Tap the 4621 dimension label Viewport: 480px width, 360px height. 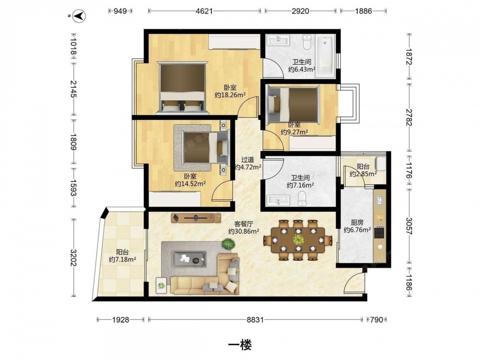pos(204,11)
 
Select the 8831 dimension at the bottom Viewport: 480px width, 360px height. pos(255,320)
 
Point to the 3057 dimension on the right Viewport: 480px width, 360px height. pos(409,226)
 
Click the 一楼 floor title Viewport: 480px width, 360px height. pos(240,345)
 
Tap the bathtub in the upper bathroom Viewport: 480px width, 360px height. pos(325,55)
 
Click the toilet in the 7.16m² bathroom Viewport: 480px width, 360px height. pos(302,198)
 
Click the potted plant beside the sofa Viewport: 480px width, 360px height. pos(228,244)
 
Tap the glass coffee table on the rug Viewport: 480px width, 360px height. pos(189,259)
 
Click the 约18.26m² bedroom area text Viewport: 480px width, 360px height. pos(230,95)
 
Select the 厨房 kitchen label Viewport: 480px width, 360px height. pos(357,223)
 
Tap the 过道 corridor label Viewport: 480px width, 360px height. pos(247,160)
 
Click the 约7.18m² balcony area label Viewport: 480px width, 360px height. pos(122,259)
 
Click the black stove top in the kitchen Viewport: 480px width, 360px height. pos(379,232)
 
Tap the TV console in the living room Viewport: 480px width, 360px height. pos(196,217)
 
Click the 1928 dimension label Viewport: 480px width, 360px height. pos(120,320)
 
